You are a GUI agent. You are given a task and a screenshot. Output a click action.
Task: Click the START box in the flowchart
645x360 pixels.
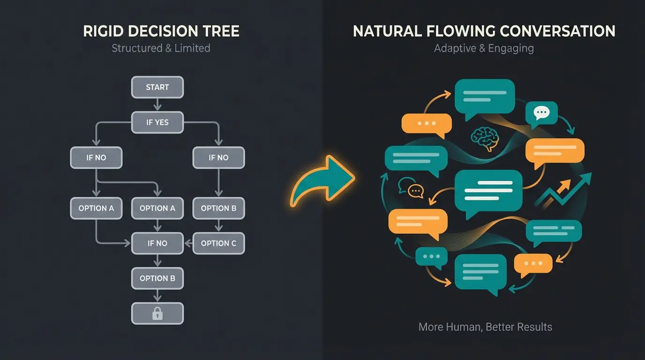click(157, 87)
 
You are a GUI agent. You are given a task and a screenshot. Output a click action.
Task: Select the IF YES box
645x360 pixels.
click(157, 122)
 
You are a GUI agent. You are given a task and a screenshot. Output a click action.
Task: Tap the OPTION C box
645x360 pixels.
click(218, 243)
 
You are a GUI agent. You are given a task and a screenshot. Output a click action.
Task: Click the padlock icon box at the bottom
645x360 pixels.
click(157, 314)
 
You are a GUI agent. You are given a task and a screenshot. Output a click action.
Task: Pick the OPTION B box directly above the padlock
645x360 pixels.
click(157, 278)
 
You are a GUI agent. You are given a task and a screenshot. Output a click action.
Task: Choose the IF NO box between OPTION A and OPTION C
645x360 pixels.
click(157, 243)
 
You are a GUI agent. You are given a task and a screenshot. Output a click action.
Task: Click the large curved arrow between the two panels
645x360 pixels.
click(322, 180)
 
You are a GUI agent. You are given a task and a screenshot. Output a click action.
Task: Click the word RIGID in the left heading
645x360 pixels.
click(103, 31)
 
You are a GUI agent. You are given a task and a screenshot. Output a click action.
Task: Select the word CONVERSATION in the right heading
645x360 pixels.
click(557, 31)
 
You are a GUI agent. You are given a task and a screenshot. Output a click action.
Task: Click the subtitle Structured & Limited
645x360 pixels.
click(161, 48)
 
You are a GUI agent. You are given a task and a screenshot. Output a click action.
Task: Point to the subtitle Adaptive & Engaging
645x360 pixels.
click(484, 48)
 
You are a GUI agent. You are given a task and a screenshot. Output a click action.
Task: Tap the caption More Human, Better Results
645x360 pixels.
click(485, 327)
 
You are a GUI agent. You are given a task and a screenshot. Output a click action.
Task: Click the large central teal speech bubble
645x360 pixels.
click(488, 191)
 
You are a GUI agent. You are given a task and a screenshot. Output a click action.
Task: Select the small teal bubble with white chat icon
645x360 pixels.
click(541, 112)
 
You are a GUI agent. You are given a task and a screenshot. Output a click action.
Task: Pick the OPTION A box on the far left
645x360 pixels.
click(96, 208)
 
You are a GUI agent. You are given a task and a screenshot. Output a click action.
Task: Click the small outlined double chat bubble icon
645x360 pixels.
click(411, 187)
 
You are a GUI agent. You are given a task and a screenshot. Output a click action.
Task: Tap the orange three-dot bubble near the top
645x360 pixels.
click(426, 123)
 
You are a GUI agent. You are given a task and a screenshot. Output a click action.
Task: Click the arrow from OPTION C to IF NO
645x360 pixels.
click(188, 243)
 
